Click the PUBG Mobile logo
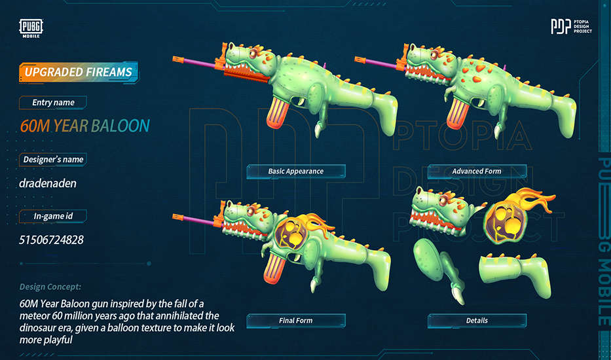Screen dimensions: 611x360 click(x=31, y=28)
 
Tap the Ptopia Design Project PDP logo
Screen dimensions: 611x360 click(x=571, y=26)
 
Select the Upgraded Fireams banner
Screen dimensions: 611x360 click(x=78, y=72)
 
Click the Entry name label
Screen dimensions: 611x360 click(x=53, y=103)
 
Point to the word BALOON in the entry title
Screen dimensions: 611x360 click(x=120, y=126)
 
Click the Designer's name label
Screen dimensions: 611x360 click(x=53, y=159)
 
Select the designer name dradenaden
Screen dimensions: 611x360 click(x=48, y=183)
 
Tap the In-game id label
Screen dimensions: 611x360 click(x=53, y=216)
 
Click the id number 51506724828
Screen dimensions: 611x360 click(x=51, y=240)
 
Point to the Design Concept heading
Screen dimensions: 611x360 click(x=50, y=287)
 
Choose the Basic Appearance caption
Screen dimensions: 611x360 click(x=296, y=171)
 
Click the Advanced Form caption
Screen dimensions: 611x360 click(x=477, y=171)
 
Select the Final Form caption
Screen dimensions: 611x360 click(x=296, y=321)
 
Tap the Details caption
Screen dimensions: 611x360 click(x=477, y=321)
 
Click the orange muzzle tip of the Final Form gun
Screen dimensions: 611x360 click(x=178, y=216)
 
